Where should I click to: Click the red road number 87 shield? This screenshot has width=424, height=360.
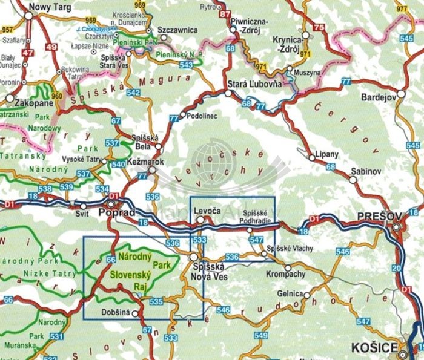coord(225,13)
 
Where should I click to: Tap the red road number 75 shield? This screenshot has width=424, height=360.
coord(319,28)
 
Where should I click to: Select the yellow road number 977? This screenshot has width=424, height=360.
coord(401,10)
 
